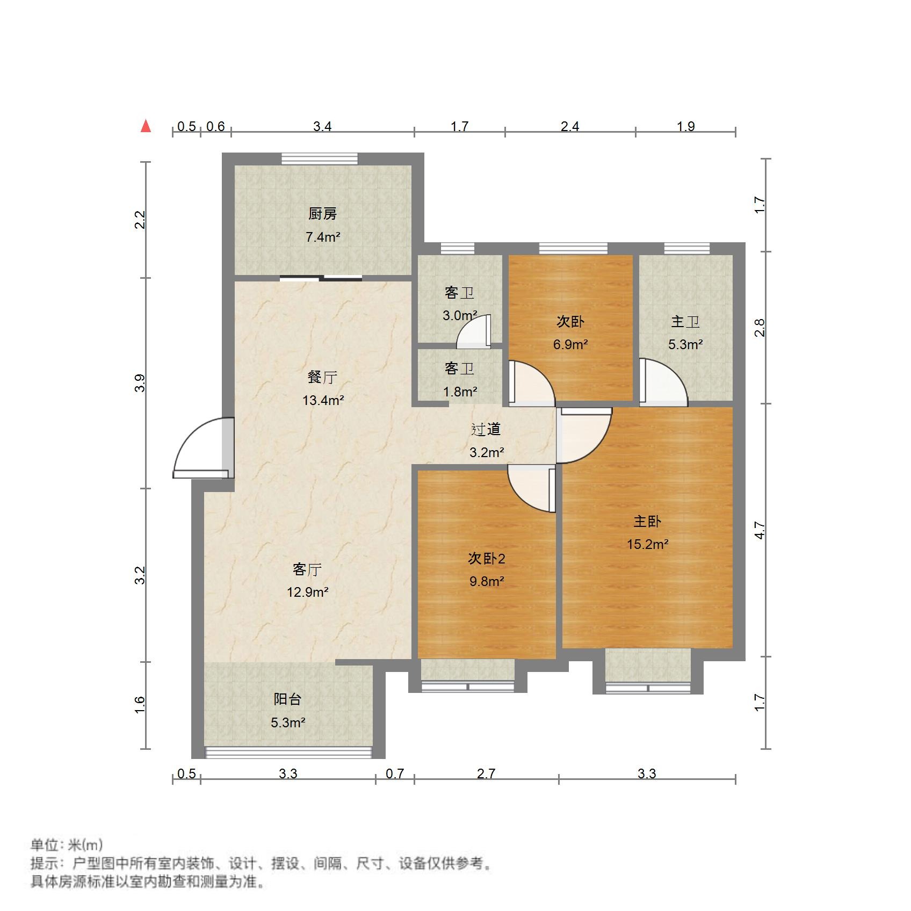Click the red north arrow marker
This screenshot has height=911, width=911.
tap(146, 126)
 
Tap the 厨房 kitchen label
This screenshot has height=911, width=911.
tap(323, 214)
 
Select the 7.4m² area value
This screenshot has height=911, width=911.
tap(323, 237)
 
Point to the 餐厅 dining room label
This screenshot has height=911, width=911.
tap(322, 377)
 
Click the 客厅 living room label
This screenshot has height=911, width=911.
tap(307, 569)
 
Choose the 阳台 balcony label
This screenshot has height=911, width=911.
tap(287, 699)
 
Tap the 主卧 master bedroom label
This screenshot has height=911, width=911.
tap(647, 521)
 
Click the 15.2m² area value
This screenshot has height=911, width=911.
tap(647, 544)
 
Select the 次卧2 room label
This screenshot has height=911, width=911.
tap(487, 559)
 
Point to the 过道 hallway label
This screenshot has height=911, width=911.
tap(486, 429)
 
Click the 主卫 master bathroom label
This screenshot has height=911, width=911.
tap(685, 322)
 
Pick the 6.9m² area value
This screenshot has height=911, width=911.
tap(570, 344)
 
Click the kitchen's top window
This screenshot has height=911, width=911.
tap(320, 158)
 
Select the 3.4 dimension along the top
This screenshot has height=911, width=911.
tap(322, 127)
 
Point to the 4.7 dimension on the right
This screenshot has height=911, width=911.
tap(759, 530)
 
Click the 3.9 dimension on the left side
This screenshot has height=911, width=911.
tap(140, 383)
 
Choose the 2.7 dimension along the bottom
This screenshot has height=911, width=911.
tap(486, 773)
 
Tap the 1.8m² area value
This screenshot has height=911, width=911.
tap(460, 392)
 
